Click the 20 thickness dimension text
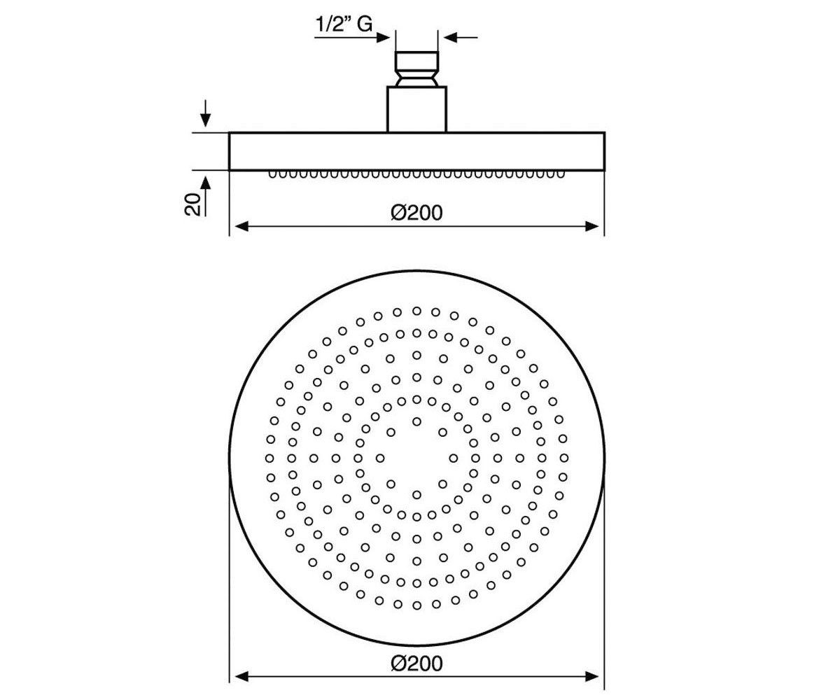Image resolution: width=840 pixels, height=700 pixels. (192, 204)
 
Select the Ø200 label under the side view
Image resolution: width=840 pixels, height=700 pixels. (416, 212)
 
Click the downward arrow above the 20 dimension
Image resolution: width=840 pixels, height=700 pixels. (205, 113)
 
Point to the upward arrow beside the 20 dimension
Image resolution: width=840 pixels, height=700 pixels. (205, 197)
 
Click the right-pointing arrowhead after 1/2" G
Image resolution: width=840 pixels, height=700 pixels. (384, 38)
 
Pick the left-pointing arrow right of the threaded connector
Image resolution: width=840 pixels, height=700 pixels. (461, 38)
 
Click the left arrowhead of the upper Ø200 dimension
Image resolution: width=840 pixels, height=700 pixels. (241, 227)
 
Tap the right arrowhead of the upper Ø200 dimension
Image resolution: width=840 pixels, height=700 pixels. (591, 227)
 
